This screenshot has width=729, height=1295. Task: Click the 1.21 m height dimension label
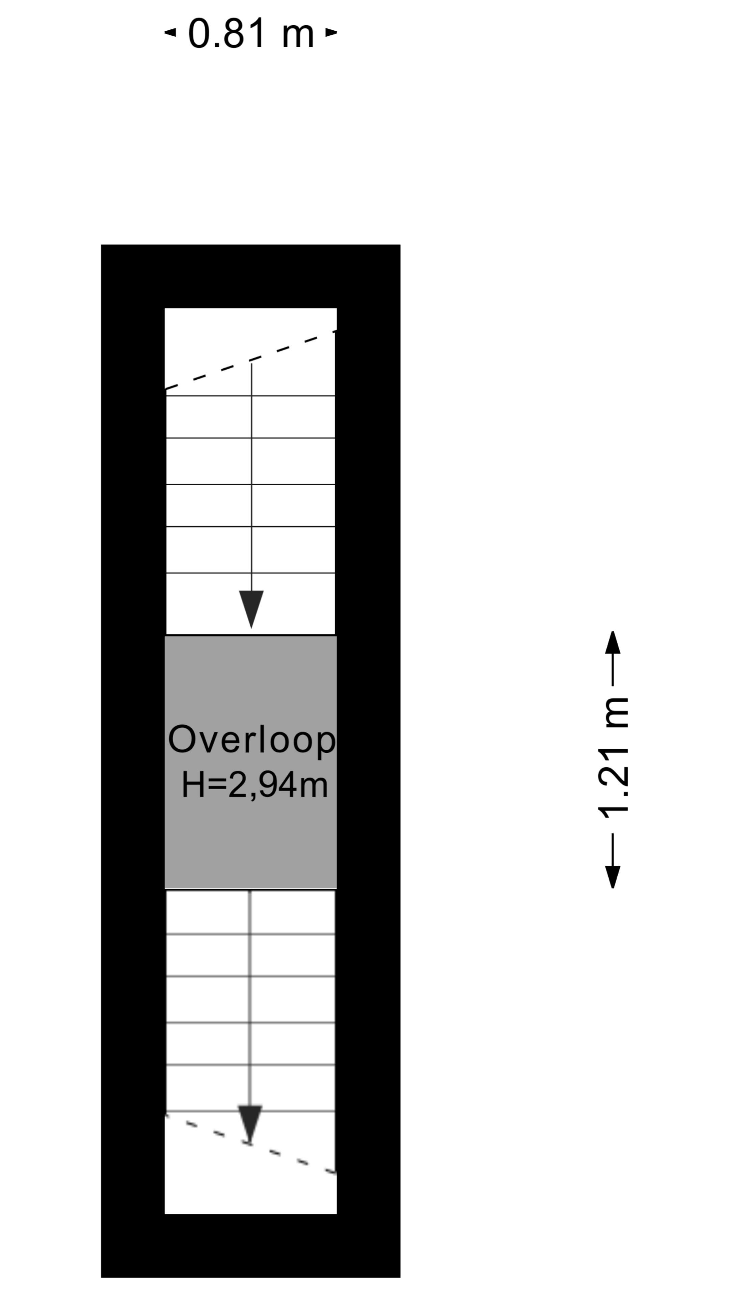[x=613, y=758]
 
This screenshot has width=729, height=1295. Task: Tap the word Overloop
[x=251, y=740]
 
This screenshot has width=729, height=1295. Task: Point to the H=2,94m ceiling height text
[x=254, y=785]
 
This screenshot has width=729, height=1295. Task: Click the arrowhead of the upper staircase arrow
[x=251, y=609]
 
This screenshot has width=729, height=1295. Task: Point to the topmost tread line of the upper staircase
[x=250, y=396]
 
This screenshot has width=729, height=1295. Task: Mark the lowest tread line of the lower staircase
[x=250, y=1111]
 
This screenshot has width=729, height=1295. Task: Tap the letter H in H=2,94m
[x=193, y=785]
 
